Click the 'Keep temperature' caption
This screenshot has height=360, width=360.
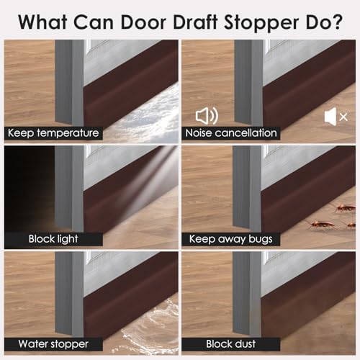[x=52, y=133]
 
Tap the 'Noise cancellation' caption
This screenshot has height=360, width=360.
[x=230, y=133]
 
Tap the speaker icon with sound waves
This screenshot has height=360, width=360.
[x=205, y=115]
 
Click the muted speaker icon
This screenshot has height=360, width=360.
[x=336, y=115]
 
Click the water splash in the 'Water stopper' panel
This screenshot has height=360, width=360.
[x=144, y=331]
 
